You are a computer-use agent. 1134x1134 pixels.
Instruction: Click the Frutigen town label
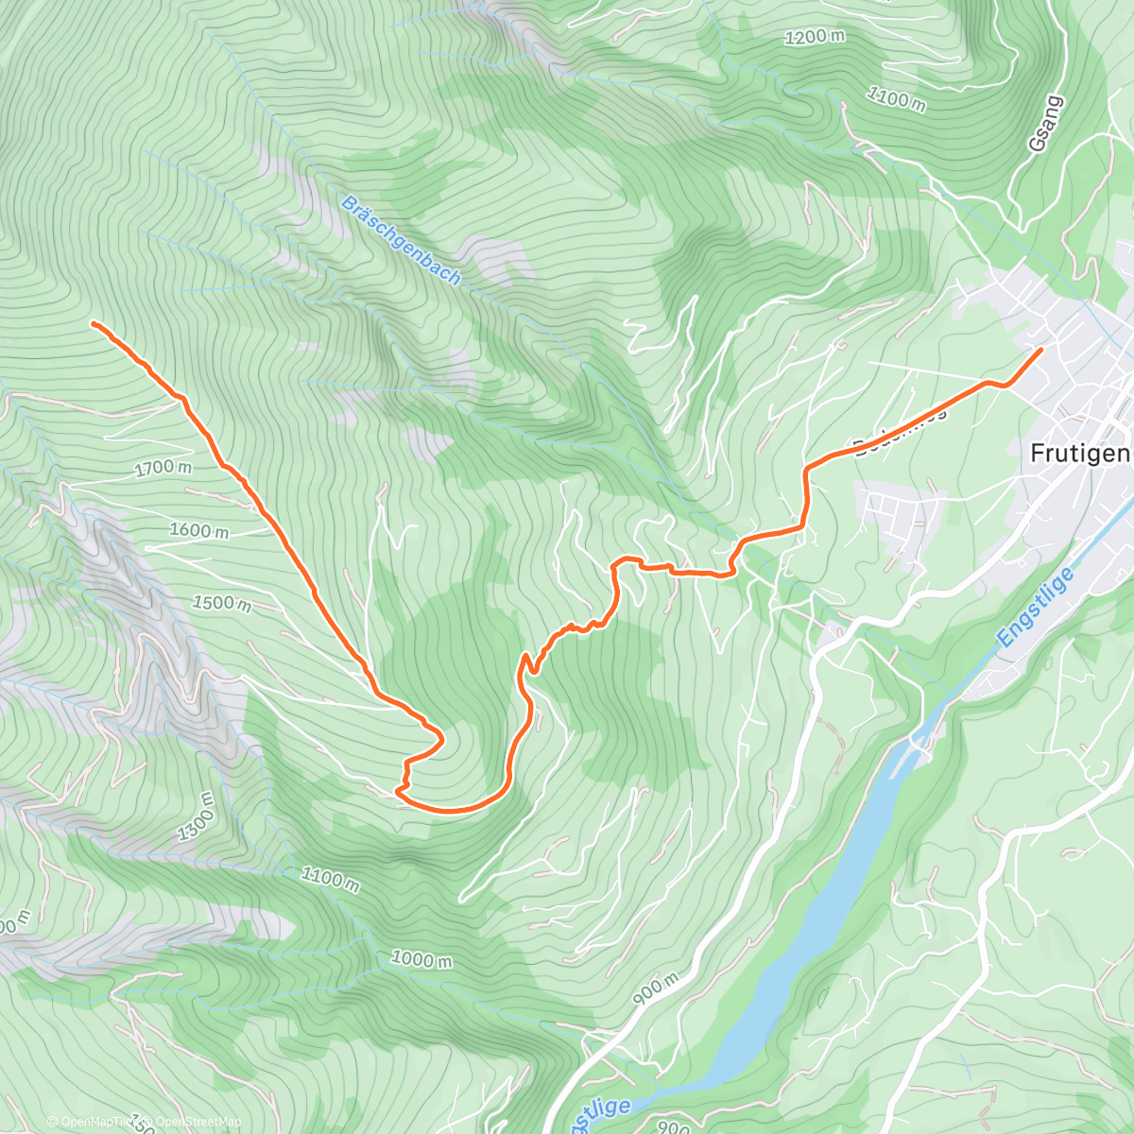coord(1079,454)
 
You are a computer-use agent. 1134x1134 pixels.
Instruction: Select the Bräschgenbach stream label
coord(402,241)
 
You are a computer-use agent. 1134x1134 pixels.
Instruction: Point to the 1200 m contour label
coord(815,37)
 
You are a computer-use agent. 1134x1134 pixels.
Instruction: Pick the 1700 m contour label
coord(163,467)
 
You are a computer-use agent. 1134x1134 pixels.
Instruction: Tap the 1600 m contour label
coord(198,531)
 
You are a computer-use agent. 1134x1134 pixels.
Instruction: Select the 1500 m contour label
coord(221,602)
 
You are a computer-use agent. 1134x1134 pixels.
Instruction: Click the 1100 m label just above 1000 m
coord(330,879)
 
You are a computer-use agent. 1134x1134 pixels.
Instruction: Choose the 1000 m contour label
coord(421,959)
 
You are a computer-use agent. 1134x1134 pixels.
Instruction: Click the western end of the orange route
coord(94,324)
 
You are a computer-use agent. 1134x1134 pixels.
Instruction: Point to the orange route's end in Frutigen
coord(1040,351)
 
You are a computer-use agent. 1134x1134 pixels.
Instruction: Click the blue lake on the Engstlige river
coord(803,945)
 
